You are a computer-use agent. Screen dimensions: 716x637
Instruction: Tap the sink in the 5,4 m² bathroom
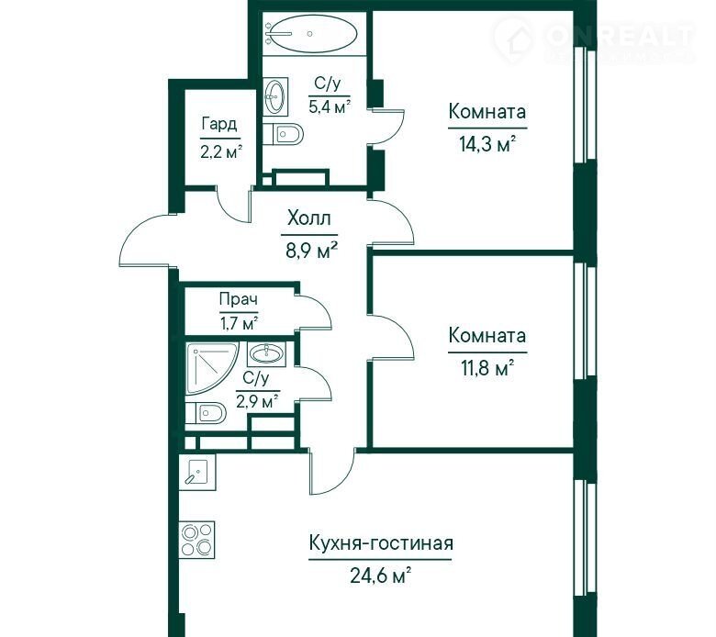275,96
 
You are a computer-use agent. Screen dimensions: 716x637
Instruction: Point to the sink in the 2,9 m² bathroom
267,353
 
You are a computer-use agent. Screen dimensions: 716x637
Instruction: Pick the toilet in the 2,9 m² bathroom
206,413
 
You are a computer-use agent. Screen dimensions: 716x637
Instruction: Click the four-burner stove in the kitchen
196,540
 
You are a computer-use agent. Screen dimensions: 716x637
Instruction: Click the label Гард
219,124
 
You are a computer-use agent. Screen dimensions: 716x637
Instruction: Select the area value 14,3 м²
487,145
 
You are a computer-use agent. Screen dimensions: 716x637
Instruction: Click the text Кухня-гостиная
381,544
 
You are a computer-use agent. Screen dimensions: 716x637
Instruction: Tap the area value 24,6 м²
381,575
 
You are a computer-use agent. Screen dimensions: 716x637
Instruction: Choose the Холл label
309,218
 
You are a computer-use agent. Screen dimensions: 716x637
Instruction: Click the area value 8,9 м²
312,250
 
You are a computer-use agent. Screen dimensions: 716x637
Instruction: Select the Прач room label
239,299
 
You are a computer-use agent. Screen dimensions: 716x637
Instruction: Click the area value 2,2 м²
221,151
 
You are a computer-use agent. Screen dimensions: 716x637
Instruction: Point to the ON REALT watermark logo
594,39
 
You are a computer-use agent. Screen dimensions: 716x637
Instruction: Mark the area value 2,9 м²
258,402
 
